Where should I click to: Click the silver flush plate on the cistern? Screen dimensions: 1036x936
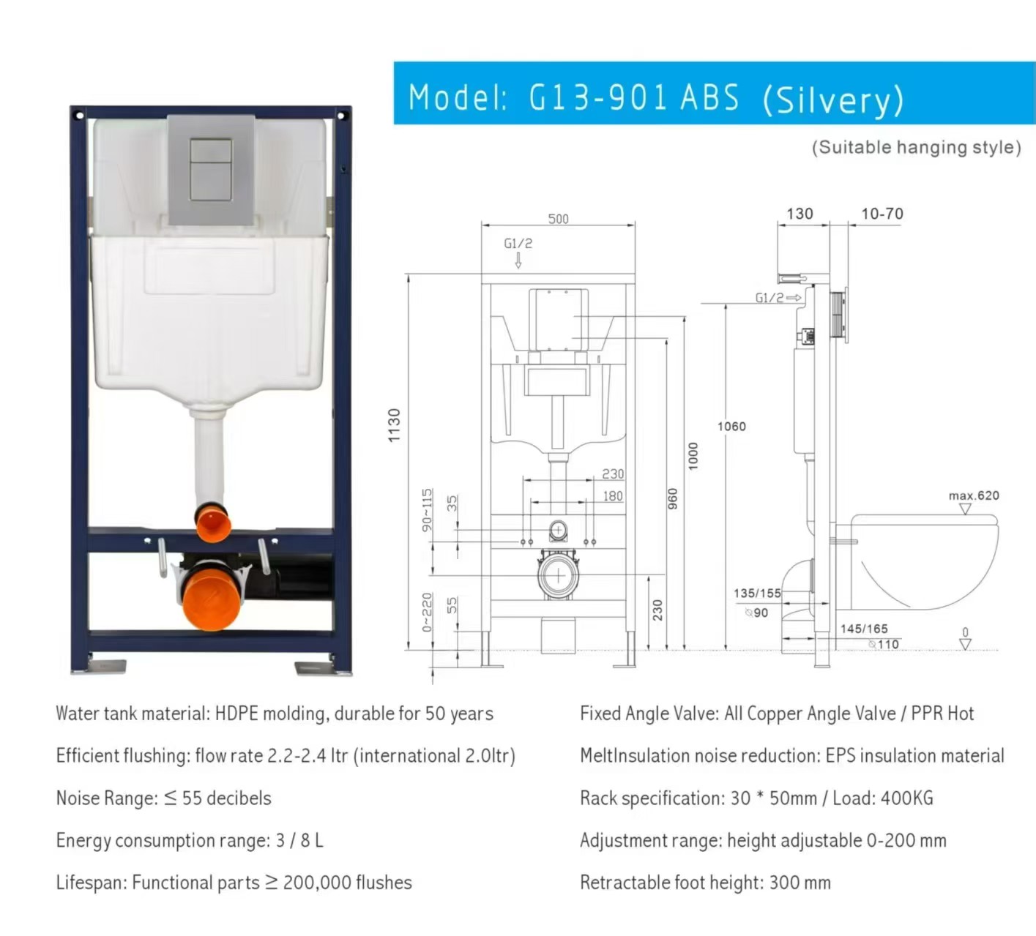[212, 169]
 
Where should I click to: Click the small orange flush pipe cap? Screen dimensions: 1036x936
[212, 522]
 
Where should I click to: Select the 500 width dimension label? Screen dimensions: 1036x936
[559, 219]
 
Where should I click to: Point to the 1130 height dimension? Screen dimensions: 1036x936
[394, 425]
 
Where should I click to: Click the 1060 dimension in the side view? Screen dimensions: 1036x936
[731, 427]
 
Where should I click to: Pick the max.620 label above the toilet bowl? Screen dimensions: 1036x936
[974, 495]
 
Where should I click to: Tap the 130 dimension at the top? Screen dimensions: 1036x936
[800, 214]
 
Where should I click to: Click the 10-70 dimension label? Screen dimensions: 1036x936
[882, 214]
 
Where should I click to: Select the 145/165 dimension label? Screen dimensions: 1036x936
[864, 629]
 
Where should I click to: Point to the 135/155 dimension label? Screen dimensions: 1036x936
[757, 594]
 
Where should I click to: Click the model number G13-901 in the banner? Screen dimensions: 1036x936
[598, 97]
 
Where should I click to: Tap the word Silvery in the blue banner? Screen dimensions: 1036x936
[832, 100]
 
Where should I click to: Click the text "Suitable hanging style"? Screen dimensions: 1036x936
[916, 147]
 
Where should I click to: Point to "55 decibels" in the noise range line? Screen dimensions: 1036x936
[226, 798]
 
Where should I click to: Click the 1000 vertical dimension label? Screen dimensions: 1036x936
[693, 456]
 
